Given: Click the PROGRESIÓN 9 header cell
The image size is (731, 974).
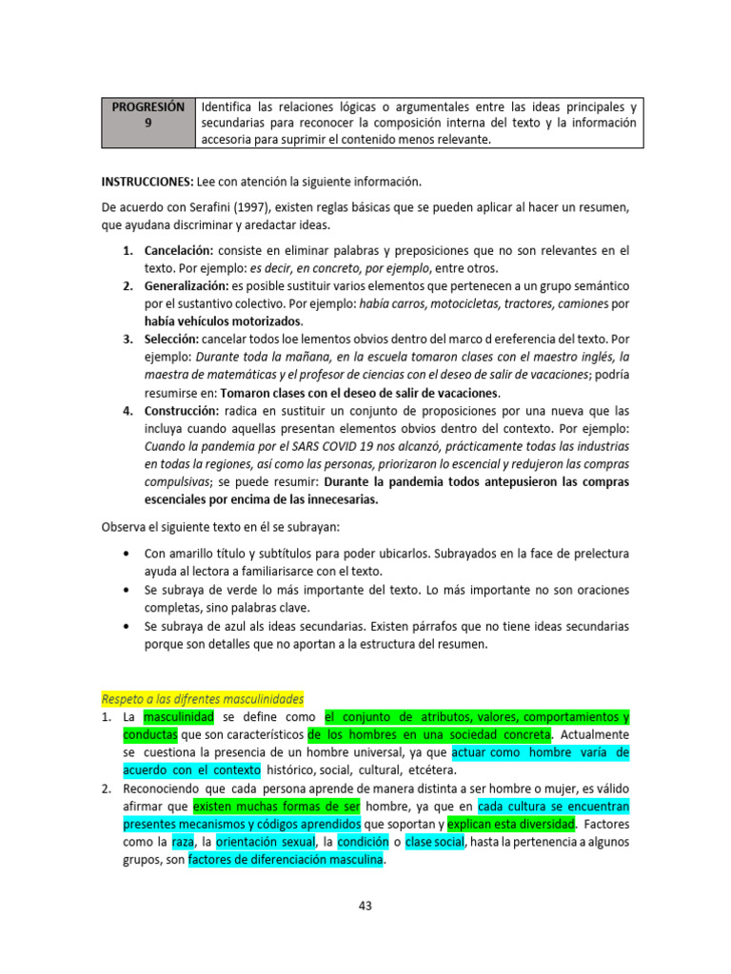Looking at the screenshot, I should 148,123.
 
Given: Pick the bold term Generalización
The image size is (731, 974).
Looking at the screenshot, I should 186,286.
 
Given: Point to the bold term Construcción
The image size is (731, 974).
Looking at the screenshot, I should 182,411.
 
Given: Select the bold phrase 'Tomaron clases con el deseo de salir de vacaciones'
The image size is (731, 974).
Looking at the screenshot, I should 359,393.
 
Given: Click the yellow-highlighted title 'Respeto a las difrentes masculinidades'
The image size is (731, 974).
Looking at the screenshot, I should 202,698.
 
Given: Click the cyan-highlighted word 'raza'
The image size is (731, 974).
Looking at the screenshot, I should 183,842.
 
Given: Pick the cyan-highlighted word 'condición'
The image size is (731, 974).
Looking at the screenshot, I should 363,842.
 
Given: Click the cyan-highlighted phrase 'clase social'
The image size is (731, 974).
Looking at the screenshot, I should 436,842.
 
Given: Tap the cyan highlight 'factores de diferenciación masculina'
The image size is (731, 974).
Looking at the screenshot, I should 286,860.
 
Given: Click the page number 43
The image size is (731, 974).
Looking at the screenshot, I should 365,906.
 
